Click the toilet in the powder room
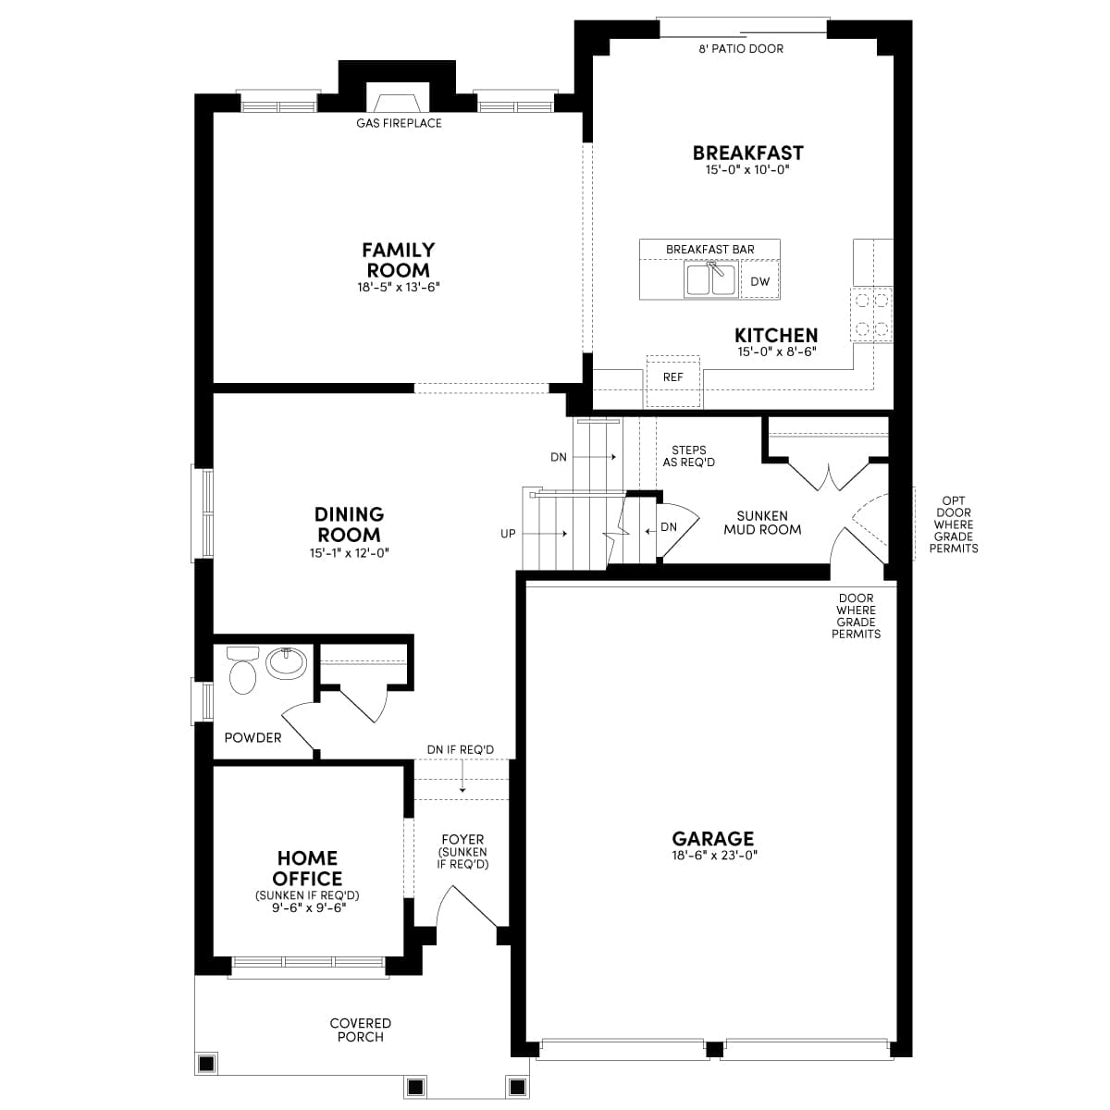[241, 672]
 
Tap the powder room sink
[286, 662]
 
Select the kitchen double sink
[711, 279]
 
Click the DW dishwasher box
[759, 281]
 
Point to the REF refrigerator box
[673, 378]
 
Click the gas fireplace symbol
[398, 98]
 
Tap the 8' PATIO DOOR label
[741, 48]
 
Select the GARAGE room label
[712, 839]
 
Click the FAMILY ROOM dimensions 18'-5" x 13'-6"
[398, 288]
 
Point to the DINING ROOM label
[349, 524]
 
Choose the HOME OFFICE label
[307, 869]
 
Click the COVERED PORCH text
[361, 1030]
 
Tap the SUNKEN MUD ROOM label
[762, 523]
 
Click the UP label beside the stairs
[508, 534]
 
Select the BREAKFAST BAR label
[709, 250]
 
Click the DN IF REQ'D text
[461, 749]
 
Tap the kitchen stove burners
[871, 314]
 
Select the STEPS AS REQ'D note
[688, 456]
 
